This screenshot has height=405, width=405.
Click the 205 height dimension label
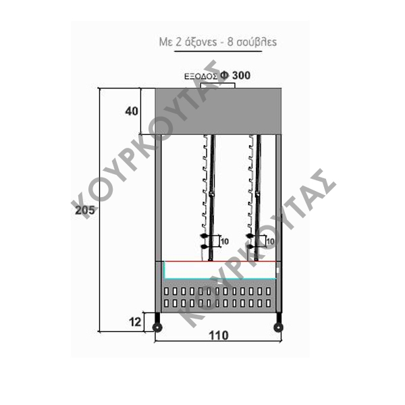tap(85, 210)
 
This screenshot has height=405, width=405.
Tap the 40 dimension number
tap(132, 111)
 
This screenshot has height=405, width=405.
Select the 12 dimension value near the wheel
tap(135, 322)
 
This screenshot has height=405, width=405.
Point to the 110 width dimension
tap(219, 335)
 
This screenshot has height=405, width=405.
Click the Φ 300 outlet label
tap(236, 76)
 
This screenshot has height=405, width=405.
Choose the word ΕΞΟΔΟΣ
tap(201, 76)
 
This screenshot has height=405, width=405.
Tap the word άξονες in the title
tap(201, 42)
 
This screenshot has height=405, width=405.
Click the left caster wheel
tap(157, 327)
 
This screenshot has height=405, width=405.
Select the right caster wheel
tap(278, 327)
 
